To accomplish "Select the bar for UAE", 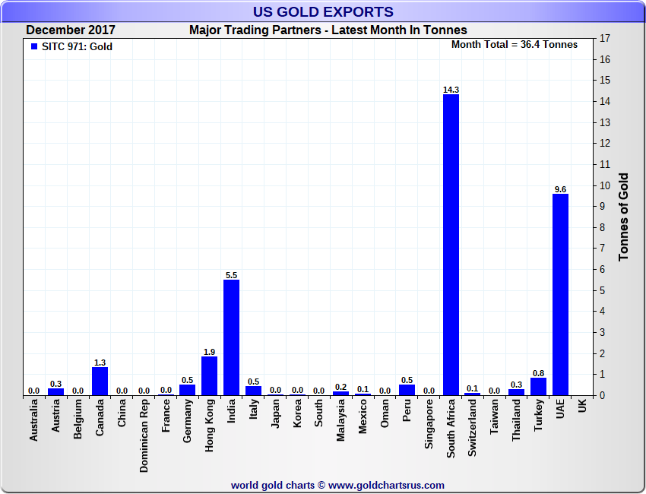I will pos(560,295).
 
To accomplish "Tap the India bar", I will pos(231,337).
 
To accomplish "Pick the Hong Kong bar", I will pos(209,375).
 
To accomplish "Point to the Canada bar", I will pos(100,382).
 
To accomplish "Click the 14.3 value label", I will pos(451,90).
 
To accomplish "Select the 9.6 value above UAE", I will pos(560,189).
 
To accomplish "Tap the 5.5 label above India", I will pos(231,275).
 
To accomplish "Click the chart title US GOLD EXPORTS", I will pos(323,12).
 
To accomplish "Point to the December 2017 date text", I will pos(71,30).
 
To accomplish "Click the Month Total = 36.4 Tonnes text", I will pos(514,45).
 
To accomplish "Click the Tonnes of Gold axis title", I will pos(624,217).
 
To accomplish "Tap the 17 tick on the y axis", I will pos(605,39).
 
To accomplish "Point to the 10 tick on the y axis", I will pos(605,185).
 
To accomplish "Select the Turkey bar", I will pos(538,386).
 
